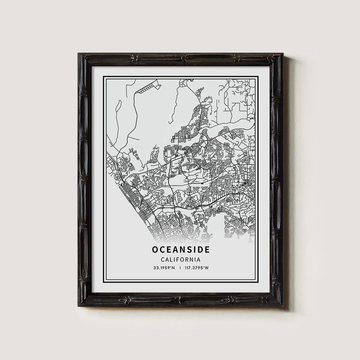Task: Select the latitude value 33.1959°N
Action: click(x=164, y=268)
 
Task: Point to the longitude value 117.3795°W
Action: click(x=197, y=268)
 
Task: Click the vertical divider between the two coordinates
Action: click(x=180, y=268)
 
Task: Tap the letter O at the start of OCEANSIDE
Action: click(x=155, y=249)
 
